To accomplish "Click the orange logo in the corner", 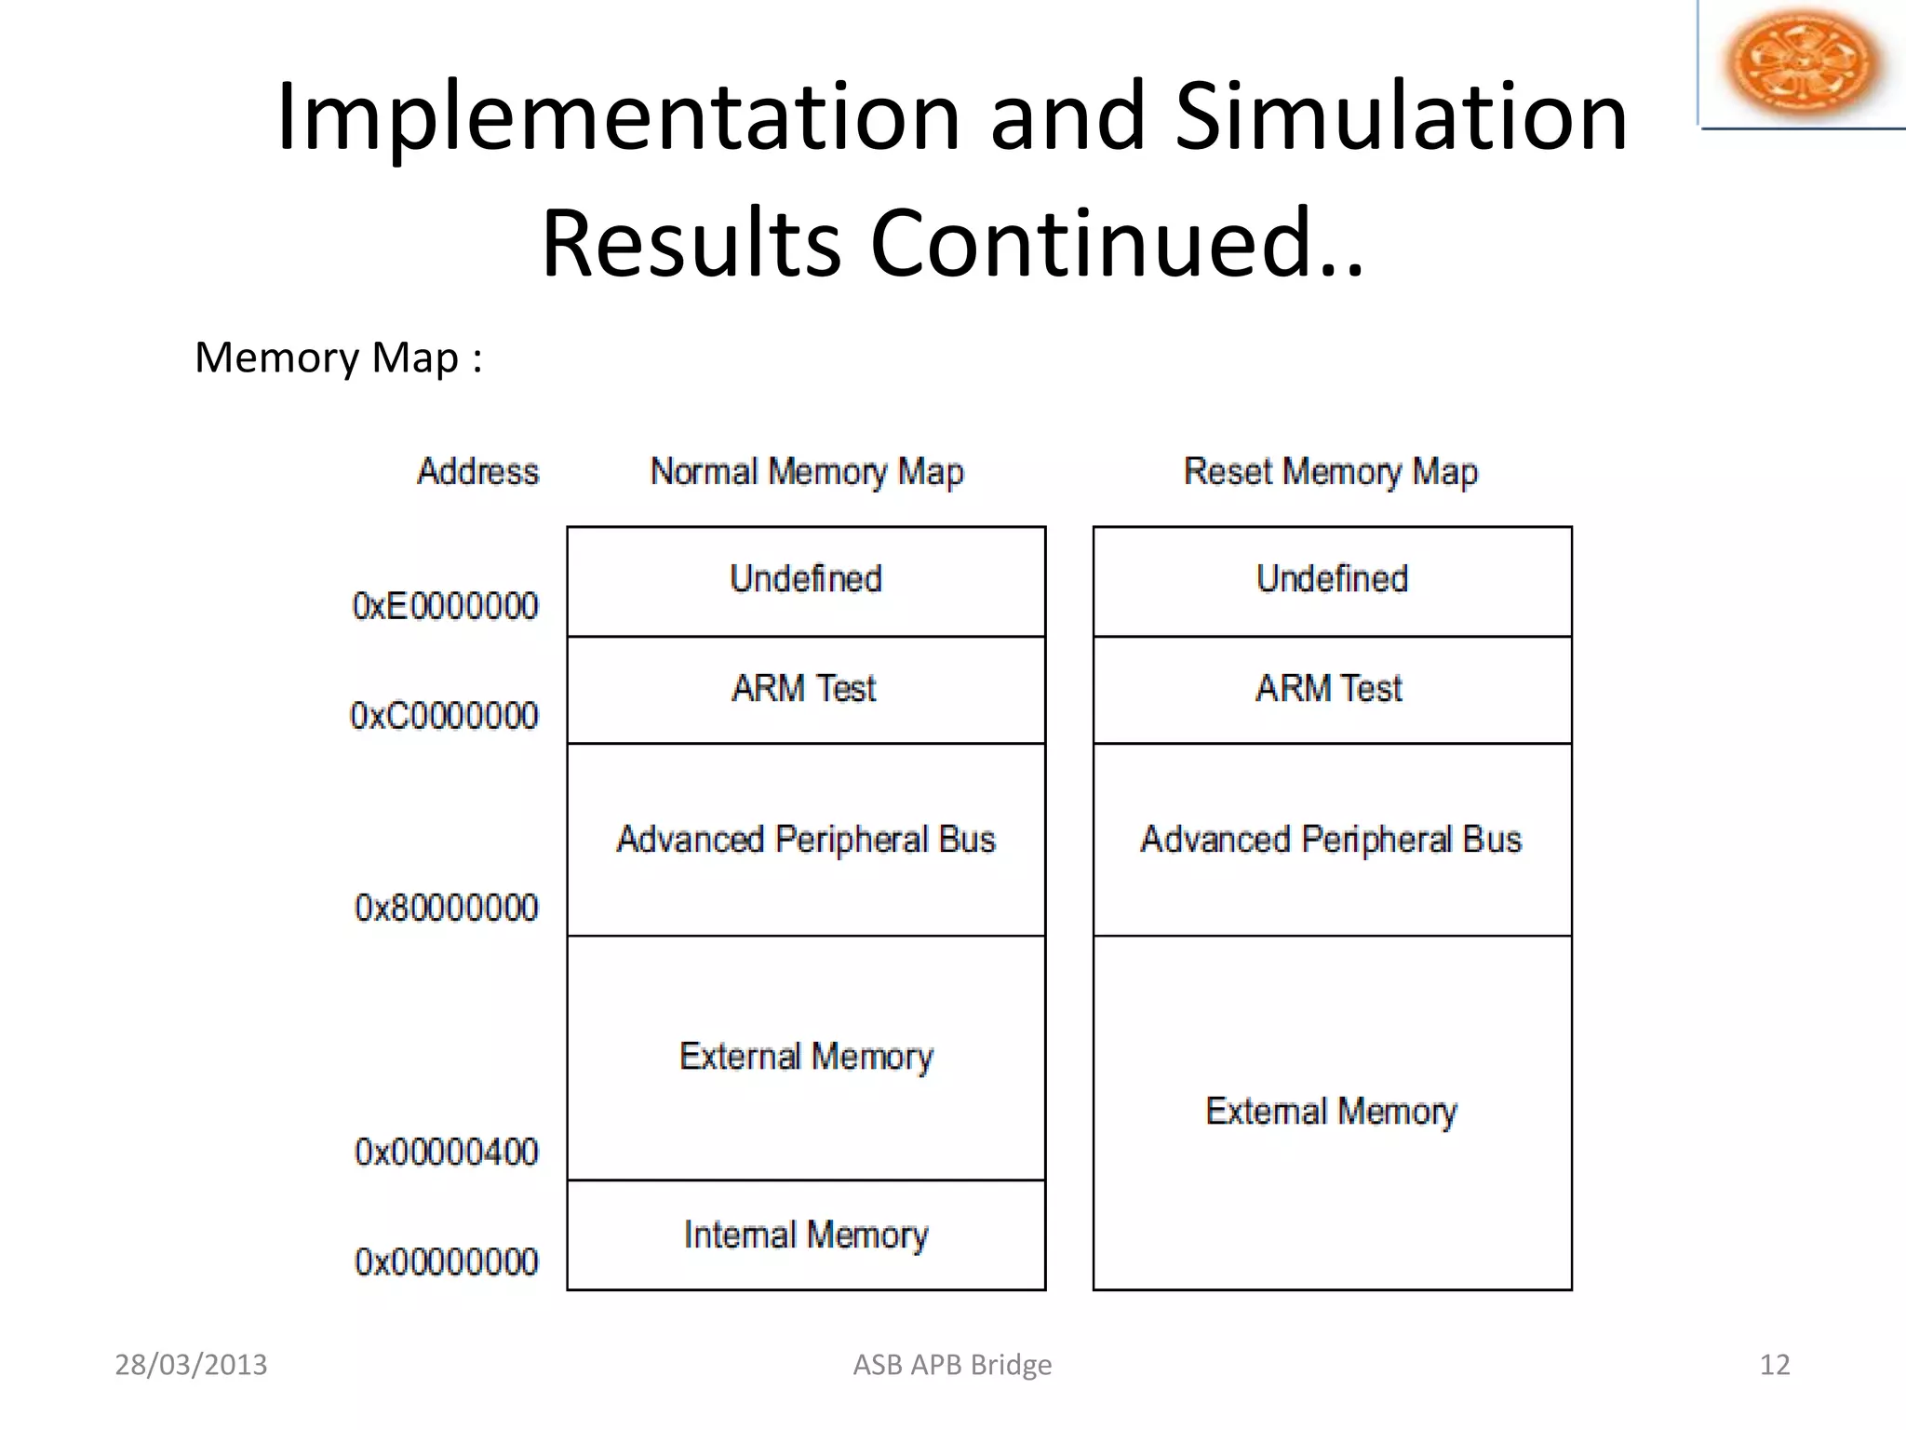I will (x=1802, y=62).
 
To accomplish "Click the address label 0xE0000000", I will (x=445, y=606).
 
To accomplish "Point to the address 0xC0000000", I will (x=444, y=716).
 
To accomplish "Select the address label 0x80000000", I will (x=446, y=908).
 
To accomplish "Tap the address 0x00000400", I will (x=446, y=1153).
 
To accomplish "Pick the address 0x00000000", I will (x=446, y=1262).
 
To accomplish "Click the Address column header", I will (x=477, y=472).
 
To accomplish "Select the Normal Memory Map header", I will (x=806, y=472).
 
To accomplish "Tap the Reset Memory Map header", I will (x=1330, y=472).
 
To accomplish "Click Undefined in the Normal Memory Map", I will (x=806, y=579).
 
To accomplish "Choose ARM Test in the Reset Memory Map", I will (x=1330, y=689).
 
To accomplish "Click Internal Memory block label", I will (x=806, y=1235).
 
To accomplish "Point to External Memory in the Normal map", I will (x=806, y=1057).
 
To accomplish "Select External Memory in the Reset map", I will (x=1331, y=1112).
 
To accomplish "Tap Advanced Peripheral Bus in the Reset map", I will (x=1331, y=840).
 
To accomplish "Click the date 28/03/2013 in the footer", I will (x=191, y=1365).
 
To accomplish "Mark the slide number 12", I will (x=1775, y=1365).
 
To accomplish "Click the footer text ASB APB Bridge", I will (x=952, y=1365).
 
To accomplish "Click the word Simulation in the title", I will (x=1402, y=116).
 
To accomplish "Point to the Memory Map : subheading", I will (x=338, y=357).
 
